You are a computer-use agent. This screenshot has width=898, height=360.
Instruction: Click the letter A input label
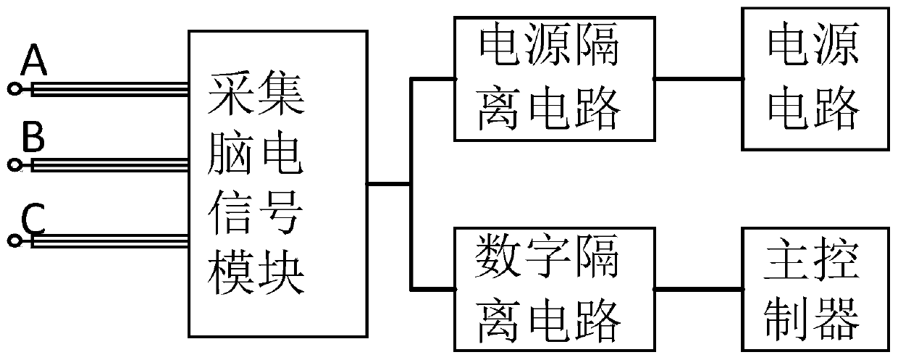tap(34, 61)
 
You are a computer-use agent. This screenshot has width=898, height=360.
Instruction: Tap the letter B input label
tap(33, 136)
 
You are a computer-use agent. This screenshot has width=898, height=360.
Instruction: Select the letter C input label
tap(33, 217)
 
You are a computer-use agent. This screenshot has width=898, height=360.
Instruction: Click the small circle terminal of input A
tap(14, 89)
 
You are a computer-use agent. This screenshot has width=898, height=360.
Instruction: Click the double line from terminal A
tap(109, 90)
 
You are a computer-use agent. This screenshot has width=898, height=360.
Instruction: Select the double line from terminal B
tap(109, 164)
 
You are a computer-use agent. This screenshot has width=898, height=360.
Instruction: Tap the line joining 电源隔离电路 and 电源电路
tap(698, 77)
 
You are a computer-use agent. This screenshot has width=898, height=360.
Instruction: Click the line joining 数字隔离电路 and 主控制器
tap(698, 288)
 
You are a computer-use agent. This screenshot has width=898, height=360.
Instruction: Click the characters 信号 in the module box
tap(256, 215)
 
